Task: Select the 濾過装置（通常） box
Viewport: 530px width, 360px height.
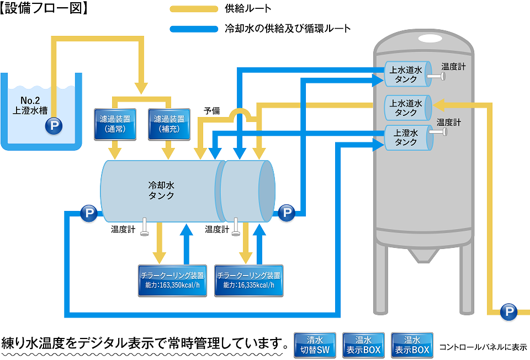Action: (114, 123)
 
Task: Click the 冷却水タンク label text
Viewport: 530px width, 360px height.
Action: (162, 189)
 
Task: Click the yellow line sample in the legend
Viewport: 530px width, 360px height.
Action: (194, 9)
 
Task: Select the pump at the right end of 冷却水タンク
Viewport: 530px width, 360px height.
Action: (286, 213)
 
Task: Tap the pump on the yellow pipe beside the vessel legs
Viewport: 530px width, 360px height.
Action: (508, 312)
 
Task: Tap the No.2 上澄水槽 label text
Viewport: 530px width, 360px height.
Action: (35, 105)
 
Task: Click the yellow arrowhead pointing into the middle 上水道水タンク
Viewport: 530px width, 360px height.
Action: (438, 104)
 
